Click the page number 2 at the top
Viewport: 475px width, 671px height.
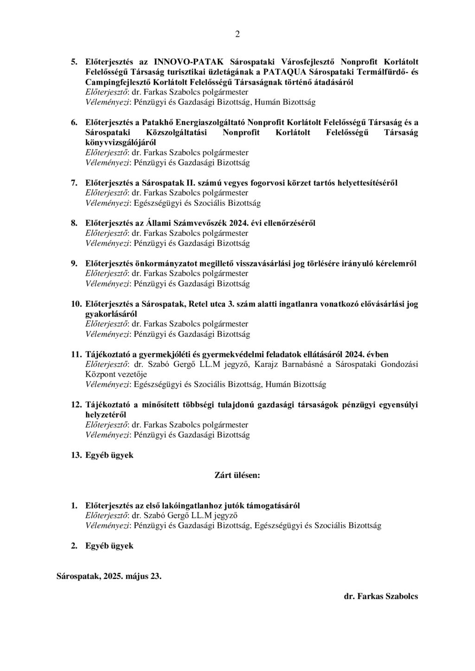[237, 34]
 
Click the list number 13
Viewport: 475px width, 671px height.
[76, 455]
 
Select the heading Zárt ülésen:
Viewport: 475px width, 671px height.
[237, 475]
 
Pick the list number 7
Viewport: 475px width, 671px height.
[74, 183]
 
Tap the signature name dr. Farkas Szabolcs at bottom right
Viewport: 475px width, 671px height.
[380, 596]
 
